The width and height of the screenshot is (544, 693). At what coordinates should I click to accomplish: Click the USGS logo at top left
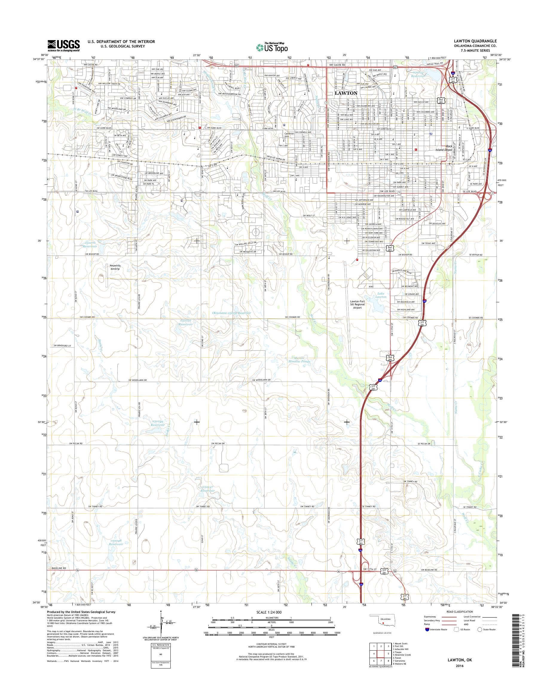(x=63, y=45)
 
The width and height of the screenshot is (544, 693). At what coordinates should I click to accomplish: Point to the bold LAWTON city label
(x=346, y=93)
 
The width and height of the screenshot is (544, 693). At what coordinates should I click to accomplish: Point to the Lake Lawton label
(x=381, y=295)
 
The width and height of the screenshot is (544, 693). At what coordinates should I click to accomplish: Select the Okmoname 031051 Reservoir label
(x=232, y=313)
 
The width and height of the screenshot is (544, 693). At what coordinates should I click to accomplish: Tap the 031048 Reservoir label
(x=117, y=542)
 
